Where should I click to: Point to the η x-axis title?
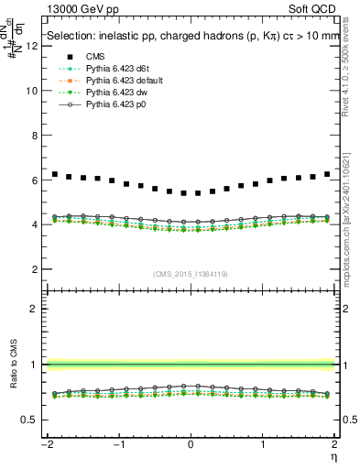click(333, 455)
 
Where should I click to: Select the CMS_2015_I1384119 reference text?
click(191, 275)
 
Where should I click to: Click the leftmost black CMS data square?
click(55, 174)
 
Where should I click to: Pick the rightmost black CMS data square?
click(327, 174)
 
